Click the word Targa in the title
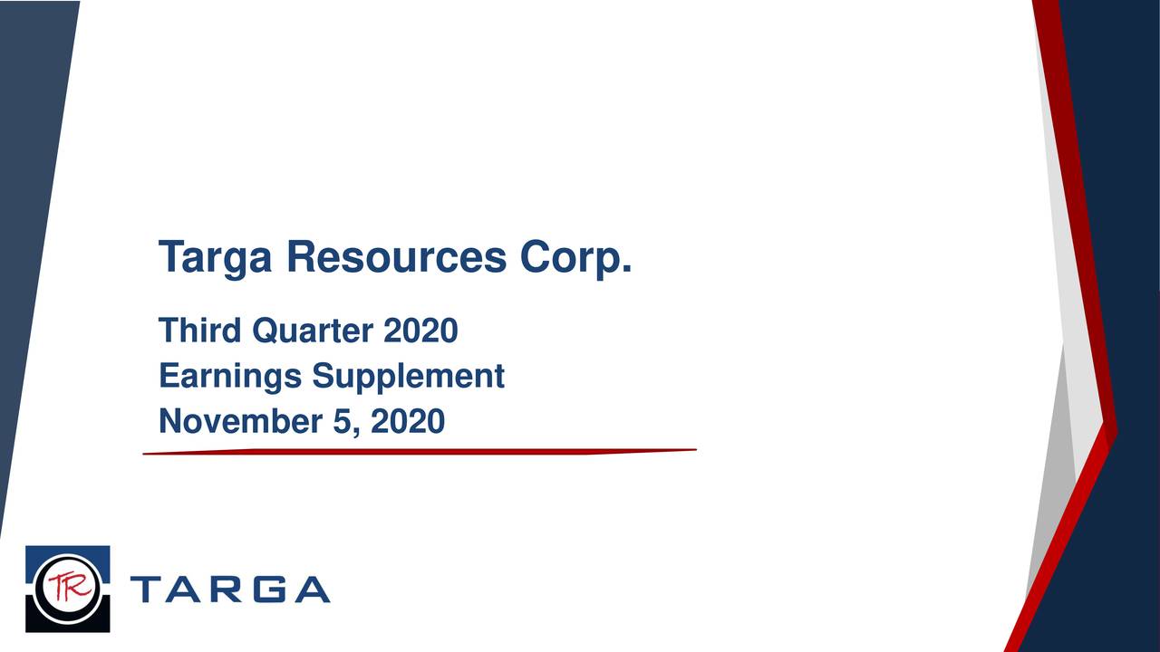(x=215, y=259)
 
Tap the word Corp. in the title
(x=575, y=259)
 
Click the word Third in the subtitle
(x=200, y=331)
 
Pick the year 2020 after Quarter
(x=420, y=331)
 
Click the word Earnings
(x=230, y=377)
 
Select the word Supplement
(x=408, y=377)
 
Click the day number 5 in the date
(x=342, y=421)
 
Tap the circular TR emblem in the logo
(x=67, y=589)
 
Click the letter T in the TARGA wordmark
(x=147, y=590)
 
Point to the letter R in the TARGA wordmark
(x=228, y=590)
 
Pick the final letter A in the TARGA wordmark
(x=313, y=590)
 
